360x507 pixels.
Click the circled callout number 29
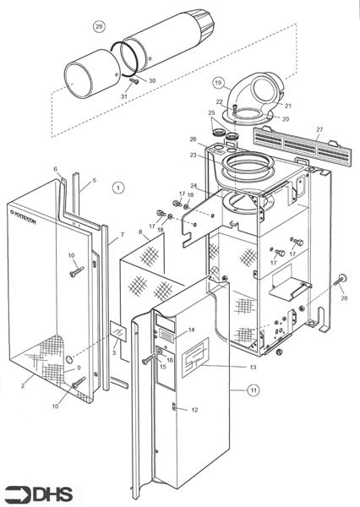[99, 27]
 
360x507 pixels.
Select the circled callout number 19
[218, 83]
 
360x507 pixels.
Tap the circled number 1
[118, 187]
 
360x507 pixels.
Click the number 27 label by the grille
[319, 129]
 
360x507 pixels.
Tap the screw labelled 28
[342, 280]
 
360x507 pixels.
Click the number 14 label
[192, 329]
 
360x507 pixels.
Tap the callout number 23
[193, 155]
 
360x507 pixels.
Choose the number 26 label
[193, 139]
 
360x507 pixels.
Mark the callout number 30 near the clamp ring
[152, 80]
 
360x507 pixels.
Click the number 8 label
[140, 232]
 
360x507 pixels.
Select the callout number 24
[194, 186]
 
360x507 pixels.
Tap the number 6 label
[56, 169]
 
